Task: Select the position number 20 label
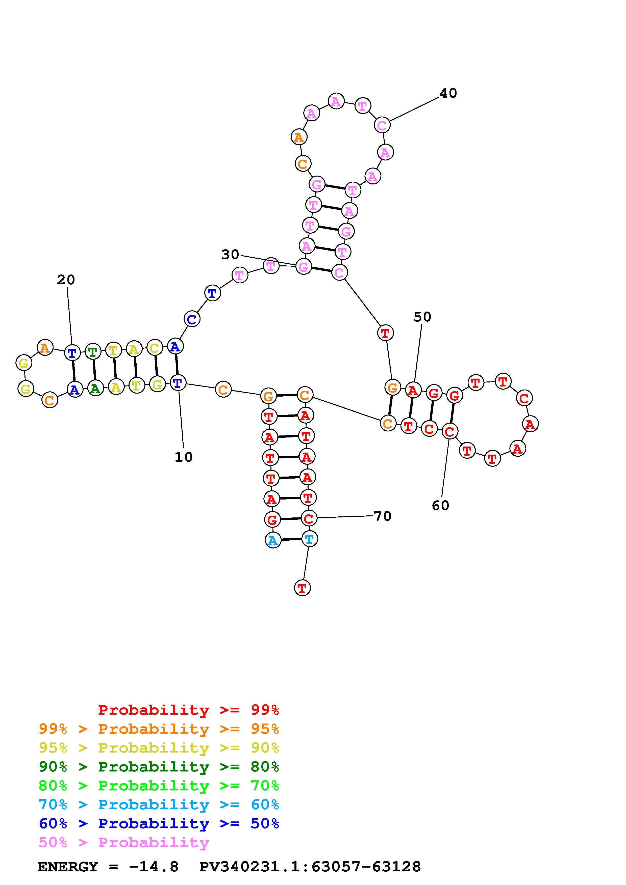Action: point(66,280)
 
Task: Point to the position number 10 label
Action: point(183,457)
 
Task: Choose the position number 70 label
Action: point(383,516)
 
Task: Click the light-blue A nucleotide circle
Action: point(273,540)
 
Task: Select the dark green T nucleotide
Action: point(93,351)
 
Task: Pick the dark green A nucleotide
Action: point(95,389)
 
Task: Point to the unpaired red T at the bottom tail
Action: point(302,588)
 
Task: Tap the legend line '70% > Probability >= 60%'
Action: point(159,805)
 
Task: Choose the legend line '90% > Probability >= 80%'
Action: point(159,767)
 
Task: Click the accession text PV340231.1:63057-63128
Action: point(310,867)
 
